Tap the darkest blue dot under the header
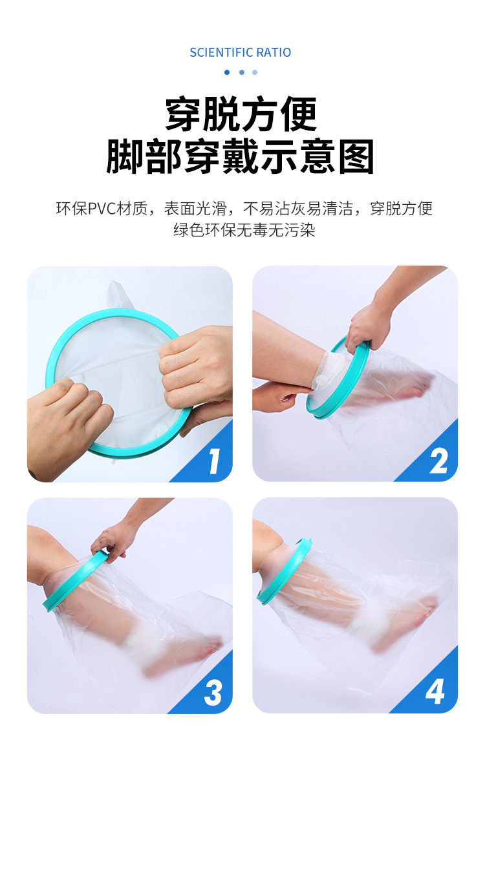coord(227,72)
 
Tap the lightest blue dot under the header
coord(255,72)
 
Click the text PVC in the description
coord(102,209)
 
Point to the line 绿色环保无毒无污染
coord(244,230)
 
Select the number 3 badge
coord(213,693)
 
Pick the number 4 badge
coord(435,692)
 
